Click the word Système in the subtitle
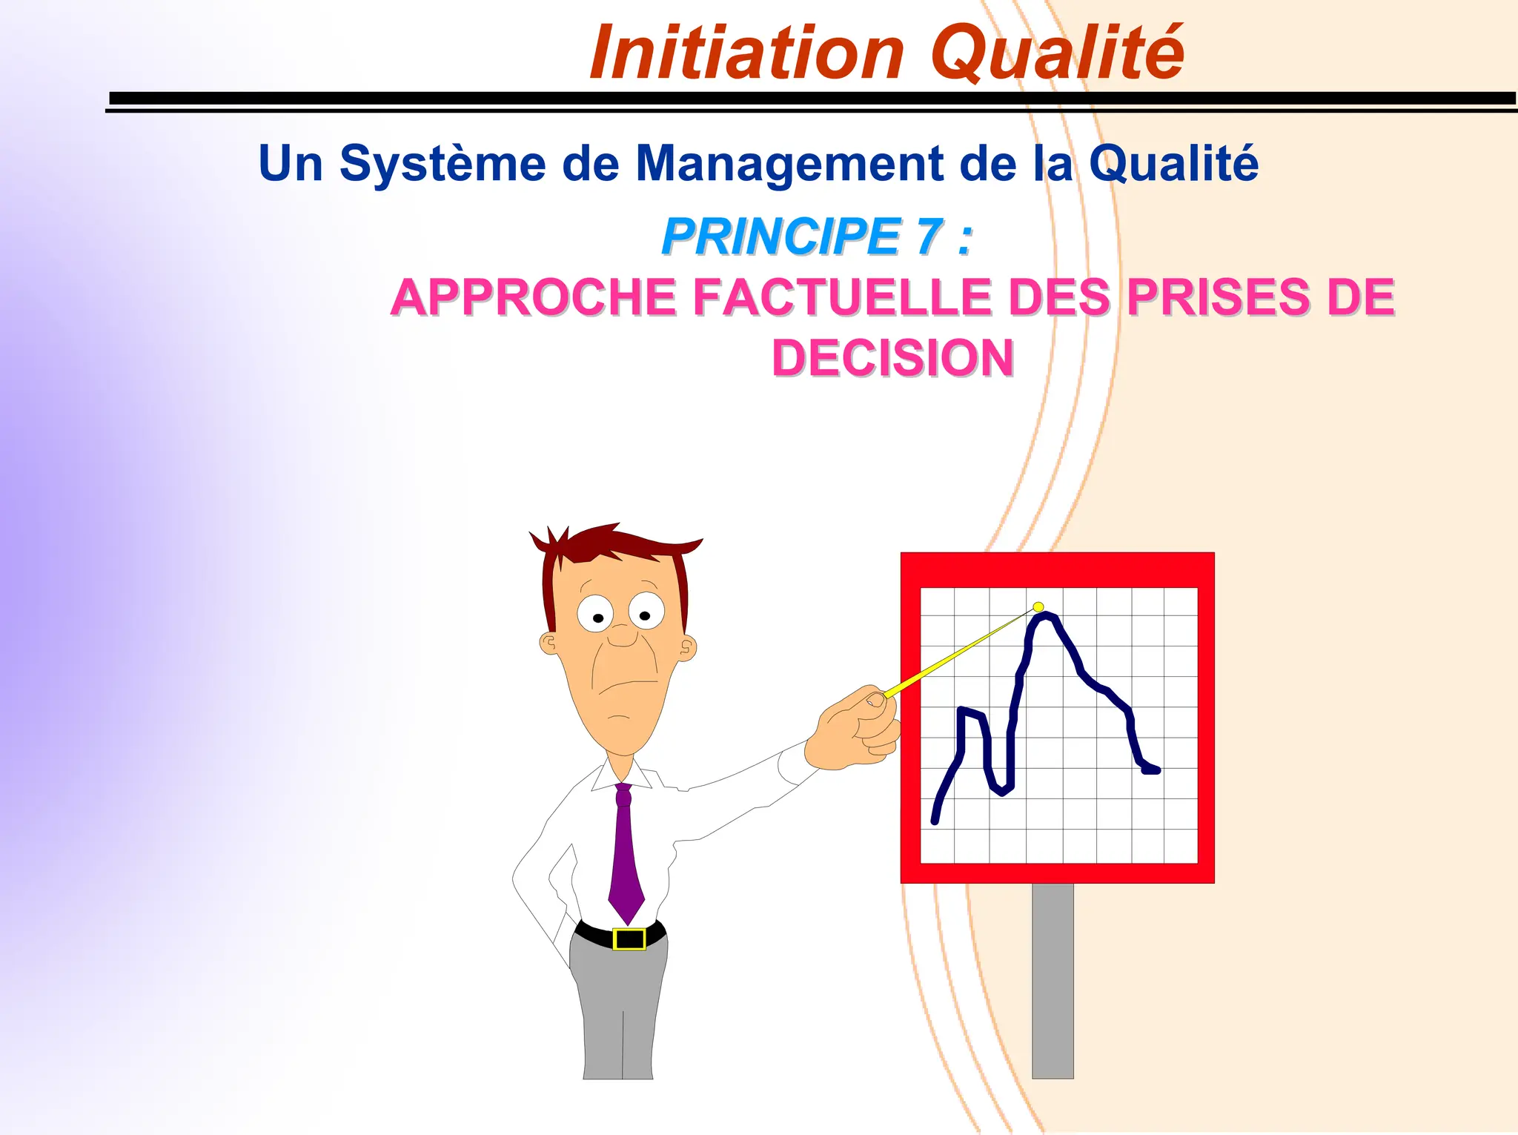pos(443,163)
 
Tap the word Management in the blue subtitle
pos(789,165)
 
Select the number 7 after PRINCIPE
pos(929,237)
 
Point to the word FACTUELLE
pos(842,297)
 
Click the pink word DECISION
pos(892,358)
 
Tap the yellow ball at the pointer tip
pos(1038,607)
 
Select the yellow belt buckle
pos(629,939)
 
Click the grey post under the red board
pos(1053,979)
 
